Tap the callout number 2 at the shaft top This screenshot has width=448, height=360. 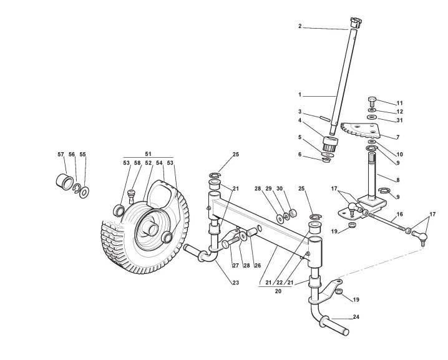coord(300,26)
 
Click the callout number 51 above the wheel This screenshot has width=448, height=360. coord(148,153)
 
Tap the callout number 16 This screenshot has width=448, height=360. coord(400,213)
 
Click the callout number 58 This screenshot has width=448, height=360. coord(137,163)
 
